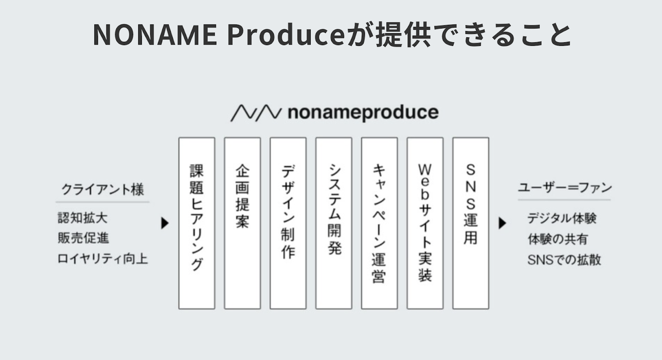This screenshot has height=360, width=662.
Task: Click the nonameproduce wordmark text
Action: [363, 113]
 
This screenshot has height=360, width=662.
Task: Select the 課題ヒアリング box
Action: [197, 223]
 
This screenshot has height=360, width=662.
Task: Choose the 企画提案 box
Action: [242, 223]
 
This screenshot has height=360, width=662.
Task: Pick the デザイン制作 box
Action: [288, 223]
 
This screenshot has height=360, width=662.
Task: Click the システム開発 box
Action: [334, 223]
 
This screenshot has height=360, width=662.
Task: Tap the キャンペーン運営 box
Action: [379, 223]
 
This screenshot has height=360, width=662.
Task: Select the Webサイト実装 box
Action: [425, 223]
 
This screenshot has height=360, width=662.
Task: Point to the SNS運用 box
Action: [470, 223]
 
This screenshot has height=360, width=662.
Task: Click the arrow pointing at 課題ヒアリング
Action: [165, 223]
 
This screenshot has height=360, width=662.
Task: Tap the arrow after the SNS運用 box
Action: [502, 223]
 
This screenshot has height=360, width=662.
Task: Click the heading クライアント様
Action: [103, 189]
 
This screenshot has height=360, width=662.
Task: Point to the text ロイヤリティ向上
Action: [103, 259]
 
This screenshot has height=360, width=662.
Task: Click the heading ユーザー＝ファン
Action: [565, 188]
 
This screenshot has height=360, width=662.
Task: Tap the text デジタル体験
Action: [561, 218]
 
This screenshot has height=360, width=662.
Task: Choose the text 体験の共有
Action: [557, 239]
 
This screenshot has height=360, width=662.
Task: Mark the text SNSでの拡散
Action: [564, 260]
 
